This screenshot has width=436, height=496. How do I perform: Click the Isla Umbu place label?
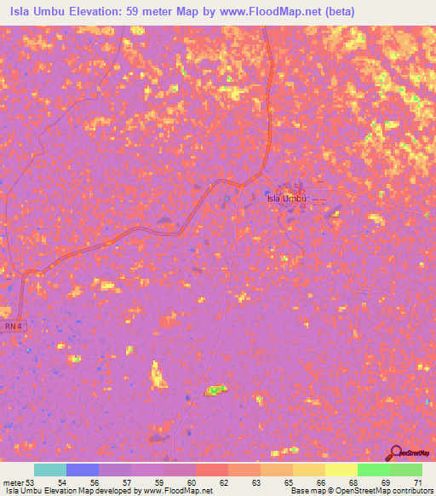pyautogui.click(x=286, y=199)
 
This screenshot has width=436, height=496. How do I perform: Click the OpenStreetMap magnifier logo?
pyautogui.click(x=394, y=453)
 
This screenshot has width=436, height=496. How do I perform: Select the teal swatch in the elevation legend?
pyautogui.click(x=50, y=470)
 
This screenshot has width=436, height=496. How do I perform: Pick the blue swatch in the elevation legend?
pyautogui.click(x=83, y=470)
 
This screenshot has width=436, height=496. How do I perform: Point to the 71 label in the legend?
pyautogui.click(x=417, y=482)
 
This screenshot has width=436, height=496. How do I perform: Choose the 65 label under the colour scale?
pyautogui.click(x=290, y=482)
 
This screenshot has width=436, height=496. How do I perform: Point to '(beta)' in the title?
pyautogui.click(x=336, y=11)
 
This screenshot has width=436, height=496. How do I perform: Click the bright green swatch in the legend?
pyautogui.click(x=374, y=470)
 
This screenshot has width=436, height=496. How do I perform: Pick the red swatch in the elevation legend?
pyautogui.click(x=212, y=470)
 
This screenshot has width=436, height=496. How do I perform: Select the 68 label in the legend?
pyautogui.click(x=353, y=482)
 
